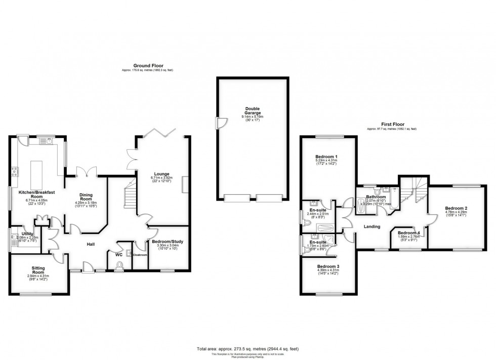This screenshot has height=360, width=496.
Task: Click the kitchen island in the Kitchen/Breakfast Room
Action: point(37,172)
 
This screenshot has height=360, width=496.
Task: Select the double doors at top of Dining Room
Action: point(85,172)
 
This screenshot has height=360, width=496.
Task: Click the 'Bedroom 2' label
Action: point(456,208)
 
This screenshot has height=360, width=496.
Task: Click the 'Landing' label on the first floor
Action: point(372,227)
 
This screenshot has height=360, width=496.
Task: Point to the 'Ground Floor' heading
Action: point(144,65)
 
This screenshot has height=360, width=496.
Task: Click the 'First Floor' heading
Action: point(392,124)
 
